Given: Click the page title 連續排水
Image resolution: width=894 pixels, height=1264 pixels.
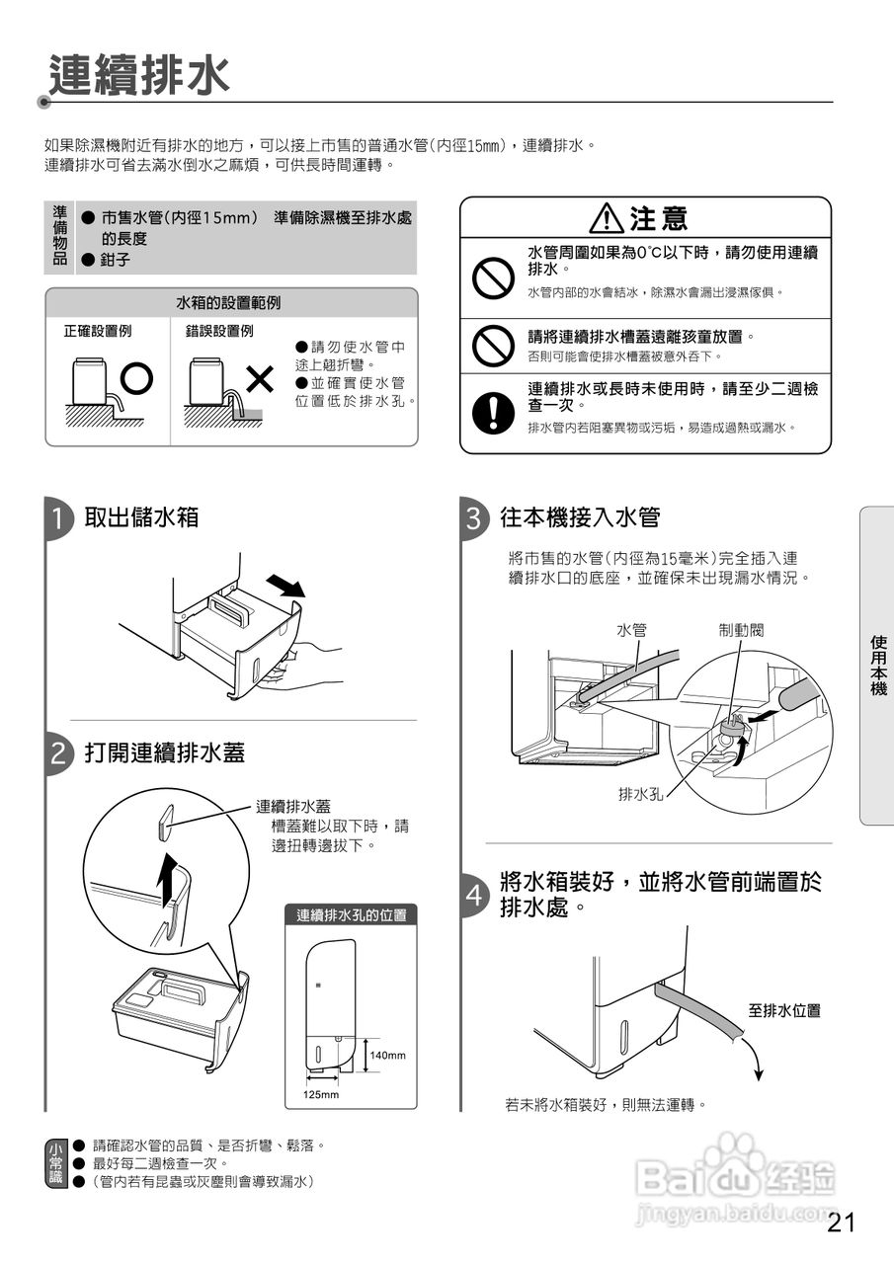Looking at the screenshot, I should click(139, 75).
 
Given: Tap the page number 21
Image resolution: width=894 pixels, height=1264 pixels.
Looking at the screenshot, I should click(842, 1223).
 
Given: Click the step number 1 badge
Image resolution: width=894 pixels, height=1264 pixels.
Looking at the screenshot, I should click(59, 519).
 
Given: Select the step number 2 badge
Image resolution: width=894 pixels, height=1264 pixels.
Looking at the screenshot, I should click(59, 755).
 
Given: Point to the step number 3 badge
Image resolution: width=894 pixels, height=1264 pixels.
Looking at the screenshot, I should click(474, 519).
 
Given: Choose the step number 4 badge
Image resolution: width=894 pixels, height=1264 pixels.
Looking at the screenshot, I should click(474, 895).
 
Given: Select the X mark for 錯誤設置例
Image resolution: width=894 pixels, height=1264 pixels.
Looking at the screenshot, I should click(260, 377).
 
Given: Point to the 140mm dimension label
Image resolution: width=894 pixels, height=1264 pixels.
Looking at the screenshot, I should click(387, 1056).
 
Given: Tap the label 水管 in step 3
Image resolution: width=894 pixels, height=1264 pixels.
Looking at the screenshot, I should click(631, 629).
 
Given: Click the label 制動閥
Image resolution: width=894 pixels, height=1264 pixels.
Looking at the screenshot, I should click(741, 629).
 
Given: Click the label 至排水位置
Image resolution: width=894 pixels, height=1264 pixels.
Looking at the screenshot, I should click(783, 1011).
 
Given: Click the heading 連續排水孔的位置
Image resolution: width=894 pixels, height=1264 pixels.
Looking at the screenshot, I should click(351, 915).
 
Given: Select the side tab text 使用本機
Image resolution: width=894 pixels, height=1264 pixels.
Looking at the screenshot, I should click(877, 666).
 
